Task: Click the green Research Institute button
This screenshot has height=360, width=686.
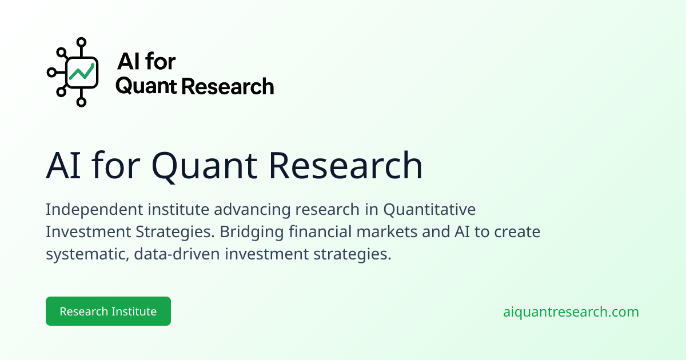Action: [108, 311]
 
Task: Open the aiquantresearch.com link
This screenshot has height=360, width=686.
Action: [571, 311]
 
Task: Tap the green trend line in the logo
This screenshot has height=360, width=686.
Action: [81, 72]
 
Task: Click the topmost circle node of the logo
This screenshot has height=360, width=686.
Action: [81, 42]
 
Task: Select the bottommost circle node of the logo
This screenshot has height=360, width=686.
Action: [81, 102]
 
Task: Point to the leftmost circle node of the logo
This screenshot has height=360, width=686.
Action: [52, 73]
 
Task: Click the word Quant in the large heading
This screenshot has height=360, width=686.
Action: [204, 166]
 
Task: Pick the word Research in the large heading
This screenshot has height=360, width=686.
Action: [346, 165]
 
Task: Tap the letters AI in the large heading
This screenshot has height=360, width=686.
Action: [63, 165]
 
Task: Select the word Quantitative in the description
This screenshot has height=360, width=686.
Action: [429, 210]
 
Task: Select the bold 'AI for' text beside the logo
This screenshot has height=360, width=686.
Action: [146, 61]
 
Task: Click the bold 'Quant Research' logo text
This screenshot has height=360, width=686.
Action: [195, 86]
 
